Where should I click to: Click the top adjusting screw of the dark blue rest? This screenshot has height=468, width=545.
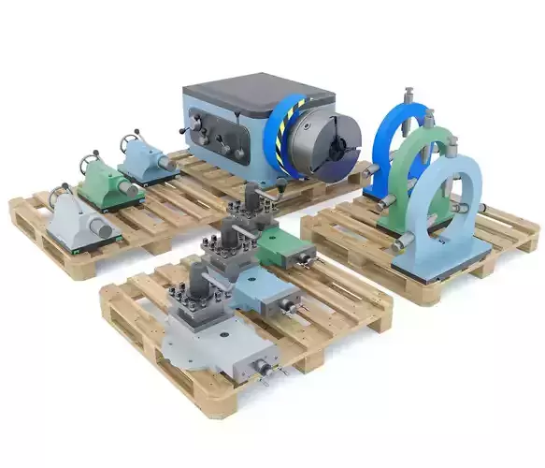[x=409, y=95]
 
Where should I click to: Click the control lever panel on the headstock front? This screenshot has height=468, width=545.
[x=216, y=137]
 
